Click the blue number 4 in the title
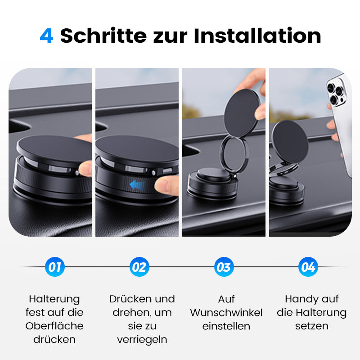[46, 36]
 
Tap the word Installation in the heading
[257, 36]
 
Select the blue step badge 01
[55, 267]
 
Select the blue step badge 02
[139, 267]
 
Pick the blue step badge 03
[224, 267]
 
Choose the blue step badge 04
[308, 267]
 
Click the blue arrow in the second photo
[138, 184]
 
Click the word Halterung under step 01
[54, 299]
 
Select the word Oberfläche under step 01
[54, 326]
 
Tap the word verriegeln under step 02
[142, 339]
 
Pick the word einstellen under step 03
[226, 326]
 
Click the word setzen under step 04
[312, 326]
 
